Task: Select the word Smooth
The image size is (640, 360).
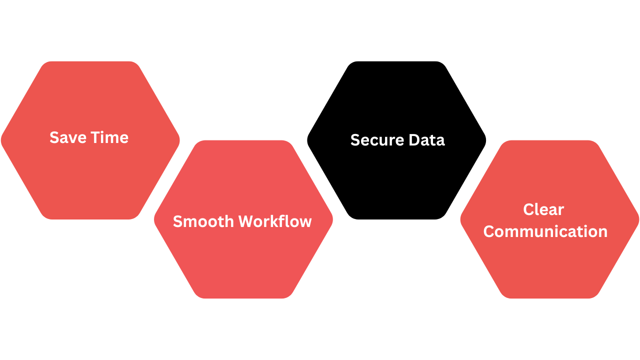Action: pos(203,221)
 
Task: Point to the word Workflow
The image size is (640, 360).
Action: pos(275,221)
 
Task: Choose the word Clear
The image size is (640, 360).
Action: pos(543,209)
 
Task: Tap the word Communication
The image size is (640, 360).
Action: pos(545,231)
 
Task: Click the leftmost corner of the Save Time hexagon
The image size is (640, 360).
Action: pos(1,140)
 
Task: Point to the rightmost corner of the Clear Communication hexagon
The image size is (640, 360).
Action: pos(638,219)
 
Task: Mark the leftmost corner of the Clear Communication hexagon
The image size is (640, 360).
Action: pos(460,219)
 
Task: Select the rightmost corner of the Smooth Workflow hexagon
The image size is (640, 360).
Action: pos(332,219)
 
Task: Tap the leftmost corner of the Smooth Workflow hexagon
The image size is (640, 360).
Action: pos(154,219)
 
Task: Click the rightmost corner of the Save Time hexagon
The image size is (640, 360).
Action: pos(179,140)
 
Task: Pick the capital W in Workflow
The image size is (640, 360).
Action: pos(246,221)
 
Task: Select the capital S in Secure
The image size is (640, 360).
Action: pos(355,140)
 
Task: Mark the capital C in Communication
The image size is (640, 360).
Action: pos(489,231)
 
